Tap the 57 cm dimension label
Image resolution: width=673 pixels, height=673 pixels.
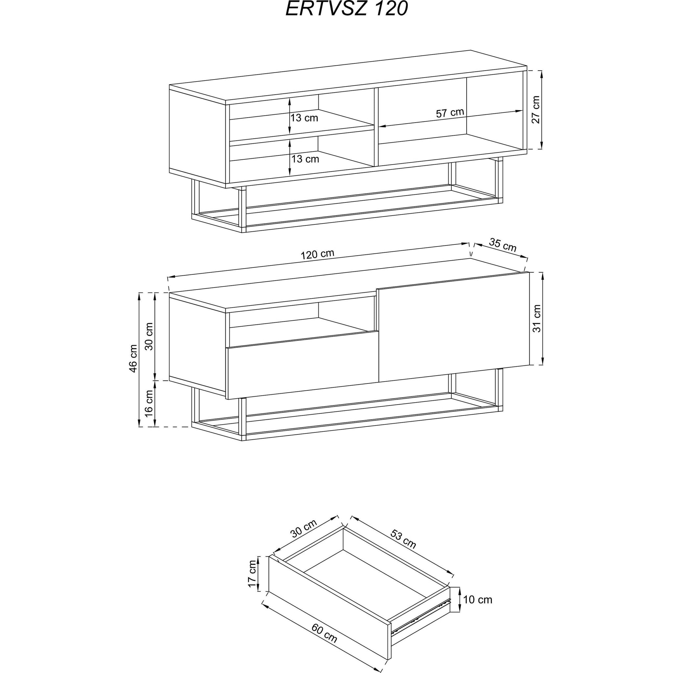(450, 112)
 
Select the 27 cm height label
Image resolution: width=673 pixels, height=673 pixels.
(535, 109)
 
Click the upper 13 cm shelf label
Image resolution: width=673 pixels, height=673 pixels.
(304, 118)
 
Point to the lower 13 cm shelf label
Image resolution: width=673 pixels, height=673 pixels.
(305, 159)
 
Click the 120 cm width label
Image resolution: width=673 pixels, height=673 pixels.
(317, 255)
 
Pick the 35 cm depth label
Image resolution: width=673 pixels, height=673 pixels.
(502, 245)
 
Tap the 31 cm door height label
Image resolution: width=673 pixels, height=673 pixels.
(537, 318)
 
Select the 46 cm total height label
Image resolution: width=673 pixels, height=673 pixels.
(133, 359)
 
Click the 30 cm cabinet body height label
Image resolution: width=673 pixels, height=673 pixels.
(149, 336)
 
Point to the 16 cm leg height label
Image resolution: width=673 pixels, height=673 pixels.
(149, 404)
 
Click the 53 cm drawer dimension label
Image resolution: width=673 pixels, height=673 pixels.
(404, 539)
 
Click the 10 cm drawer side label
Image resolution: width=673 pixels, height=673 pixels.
(477, 599)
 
